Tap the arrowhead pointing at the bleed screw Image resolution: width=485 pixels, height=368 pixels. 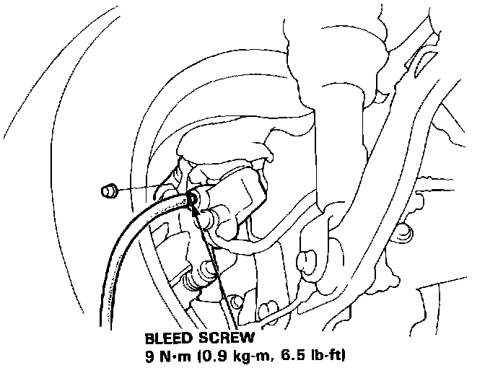click(194, 206)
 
